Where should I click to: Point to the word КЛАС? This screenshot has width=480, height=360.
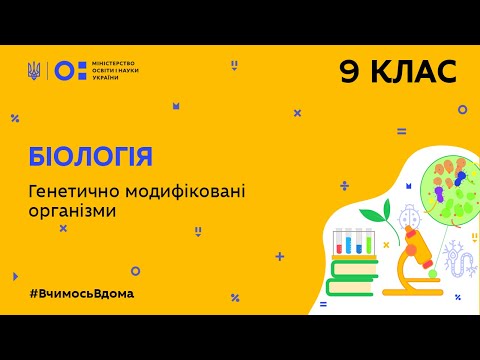point(413,72)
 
